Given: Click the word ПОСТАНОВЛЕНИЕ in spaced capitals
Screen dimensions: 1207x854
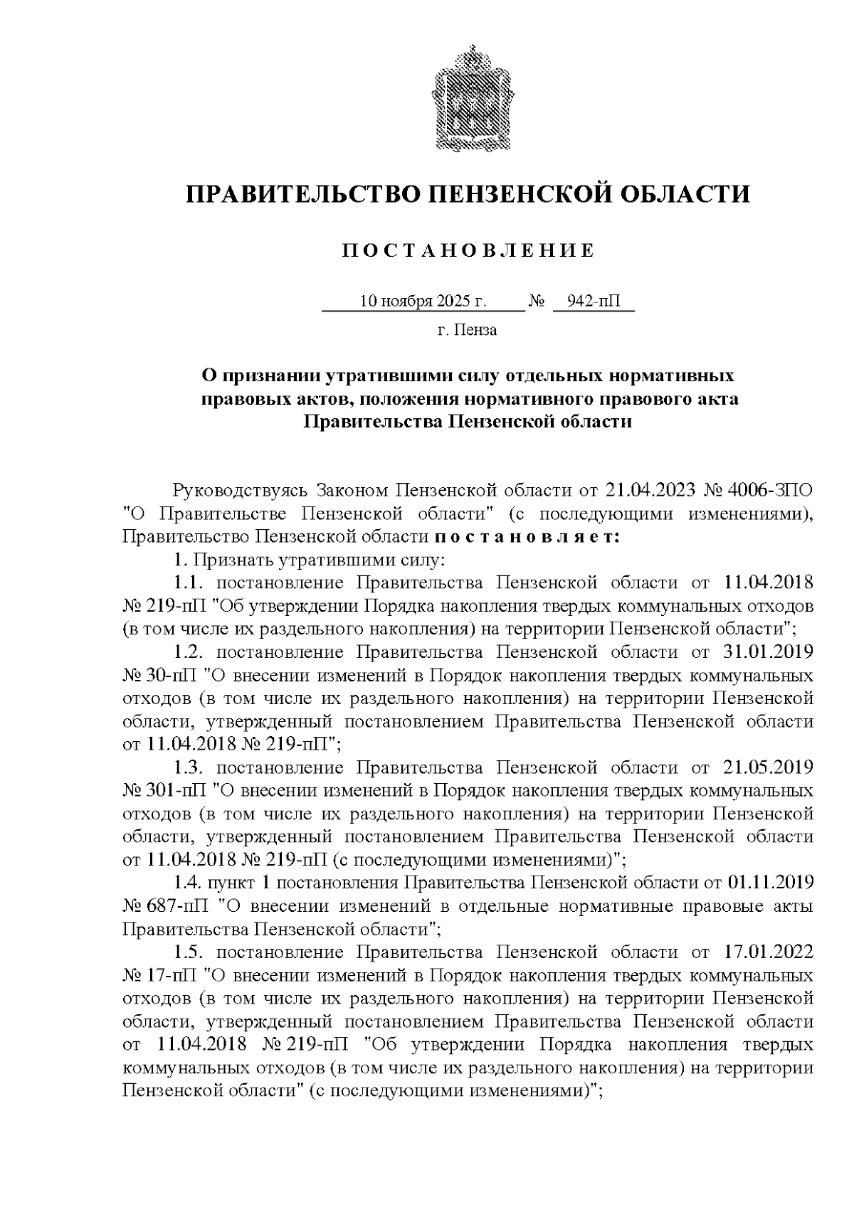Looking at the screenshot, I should [x=468, y=251].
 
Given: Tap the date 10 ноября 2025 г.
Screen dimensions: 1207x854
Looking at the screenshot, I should [x=423, y=302].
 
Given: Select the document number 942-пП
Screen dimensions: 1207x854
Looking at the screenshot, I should [x=593, y=302].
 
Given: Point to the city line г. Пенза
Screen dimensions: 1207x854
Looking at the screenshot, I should [x=467, y=330].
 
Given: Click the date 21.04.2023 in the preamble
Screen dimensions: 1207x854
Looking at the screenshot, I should [x=650, y=491].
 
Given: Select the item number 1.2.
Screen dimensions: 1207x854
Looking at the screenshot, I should [x=189, y=652].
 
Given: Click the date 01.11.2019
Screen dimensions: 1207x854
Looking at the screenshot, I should [x=770, y=883].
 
